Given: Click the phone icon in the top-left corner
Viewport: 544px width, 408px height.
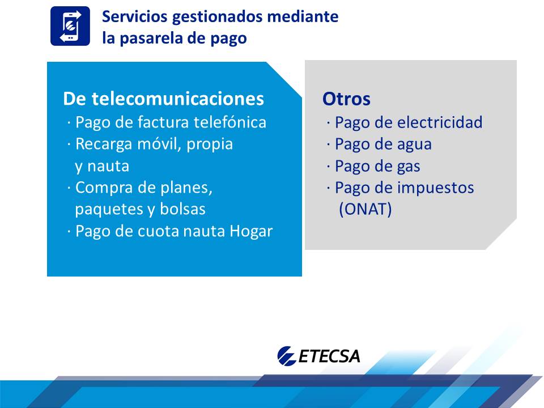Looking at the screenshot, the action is [70, 26].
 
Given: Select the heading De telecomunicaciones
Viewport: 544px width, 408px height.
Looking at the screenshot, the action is [163, 99].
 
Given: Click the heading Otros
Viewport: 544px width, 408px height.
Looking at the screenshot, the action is [346, 99].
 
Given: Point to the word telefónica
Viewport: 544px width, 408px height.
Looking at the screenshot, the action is [229, 122].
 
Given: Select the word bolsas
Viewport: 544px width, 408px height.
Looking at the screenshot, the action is [182, 209].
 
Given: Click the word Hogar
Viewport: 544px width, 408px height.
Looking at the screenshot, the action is [251, 231].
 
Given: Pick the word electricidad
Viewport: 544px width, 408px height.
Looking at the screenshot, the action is [440, 122].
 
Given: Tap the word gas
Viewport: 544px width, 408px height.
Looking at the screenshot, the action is [409, 167].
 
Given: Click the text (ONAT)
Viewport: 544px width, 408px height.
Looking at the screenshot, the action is [365, 209].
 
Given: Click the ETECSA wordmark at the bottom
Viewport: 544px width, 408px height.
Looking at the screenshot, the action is [329, 356].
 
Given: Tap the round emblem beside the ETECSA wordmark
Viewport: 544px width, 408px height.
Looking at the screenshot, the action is [286, 356].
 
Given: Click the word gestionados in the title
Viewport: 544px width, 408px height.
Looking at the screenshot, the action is [217, 17].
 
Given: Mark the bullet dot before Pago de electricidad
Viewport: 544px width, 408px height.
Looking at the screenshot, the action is [328, 122].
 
